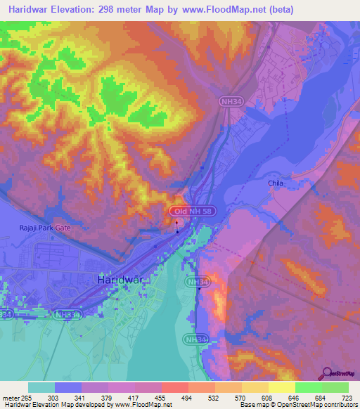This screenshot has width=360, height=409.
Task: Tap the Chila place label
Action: coord(276,183)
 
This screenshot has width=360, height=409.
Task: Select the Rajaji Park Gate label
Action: coord(45,228)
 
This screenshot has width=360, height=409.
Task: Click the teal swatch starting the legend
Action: coord(41,387)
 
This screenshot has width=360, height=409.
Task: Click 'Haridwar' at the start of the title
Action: coord(32,10)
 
